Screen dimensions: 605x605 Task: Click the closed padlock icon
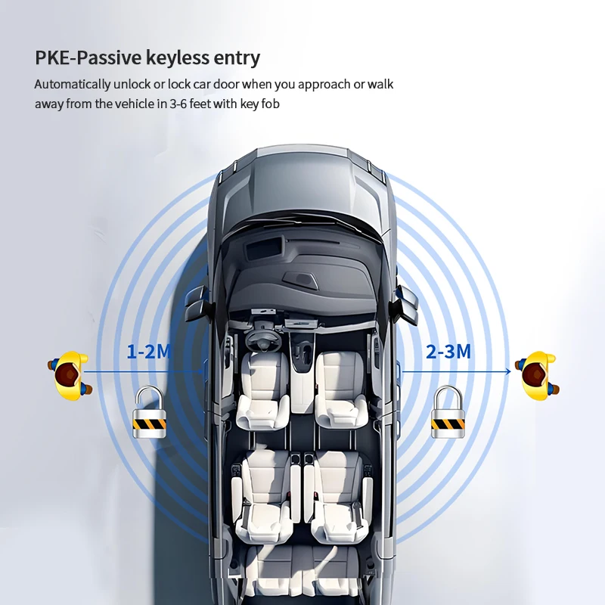click(x=448, y=412)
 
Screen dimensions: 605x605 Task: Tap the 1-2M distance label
click(x=149, y=352)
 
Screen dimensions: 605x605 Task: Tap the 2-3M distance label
click(x=448, y=352)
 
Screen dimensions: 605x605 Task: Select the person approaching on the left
click(x=70, y=375)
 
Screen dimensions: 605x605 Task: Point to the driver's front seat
click(x=263, y=389)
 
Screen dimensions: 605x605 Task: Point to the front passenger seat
click(x=341, y=389)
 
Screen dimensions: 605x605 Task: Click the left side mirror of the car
click(x=197, y=304)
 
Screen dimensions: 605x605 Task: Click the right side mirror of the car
click(x=405, y=304)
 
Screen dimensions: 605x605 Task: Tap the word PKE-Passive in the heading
click(x=88, y=58)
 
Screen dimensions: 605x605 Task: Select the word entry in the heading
click(x=237, y=59)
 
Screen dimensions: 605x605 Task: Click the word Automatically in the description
click(x=73, y=85)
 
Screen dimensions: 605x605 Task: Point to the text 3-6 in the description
click(x=178, y=104)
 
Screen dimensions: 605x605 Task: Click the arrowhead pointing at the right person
click(x=507, y=371)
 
